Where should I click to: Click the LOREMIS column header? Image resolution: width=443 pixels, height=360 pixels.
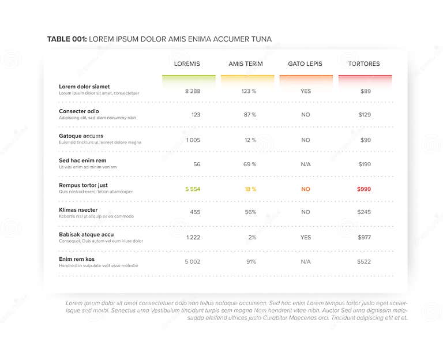187,63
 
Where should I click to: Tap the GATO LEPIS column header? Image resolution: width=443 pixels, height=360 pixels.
305,63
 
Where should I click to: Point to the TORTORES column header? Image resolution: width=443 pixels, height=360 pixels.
364,63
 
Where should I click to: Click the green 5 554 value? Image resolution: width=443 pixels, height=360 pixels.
193,189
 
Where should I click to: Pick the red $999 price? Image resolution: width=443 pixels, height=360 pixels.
364,189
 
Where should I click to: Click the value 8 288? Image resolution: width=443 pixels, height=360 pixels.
193,91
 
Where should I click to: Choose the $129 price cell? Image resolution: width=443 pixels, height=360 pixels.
365,115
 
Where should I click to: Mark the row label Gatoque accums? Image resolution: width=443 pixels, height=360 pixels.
81,136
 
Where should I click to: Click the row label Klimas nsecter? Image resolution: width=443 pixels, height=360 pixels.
78,209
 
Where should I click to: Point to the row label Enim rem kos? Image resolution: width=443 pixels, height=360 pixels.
76,259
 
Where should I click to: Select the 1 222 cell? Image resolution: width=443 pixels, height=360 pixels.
193,237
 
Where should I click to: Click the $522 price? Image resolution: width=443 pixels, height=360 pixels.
364,261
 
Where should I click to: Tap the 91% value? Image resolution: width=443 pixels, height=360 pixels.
251,261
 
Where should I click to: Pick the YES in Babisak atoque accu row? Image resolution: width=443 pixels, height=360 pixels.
306,237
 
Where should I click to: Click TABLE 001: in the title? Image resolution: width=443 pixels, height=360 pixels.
67,39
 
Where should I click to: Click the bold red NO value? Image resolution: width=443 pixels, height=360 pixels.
306,189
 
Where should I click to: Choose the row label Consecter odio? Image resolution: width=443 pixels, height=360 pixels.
78,111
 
